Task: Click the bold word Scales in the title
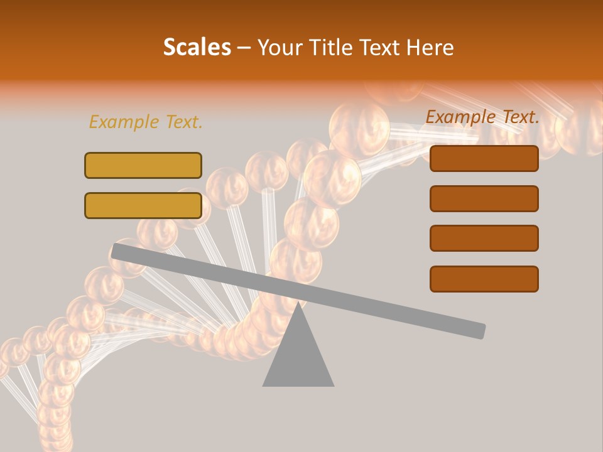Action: click(197, 48)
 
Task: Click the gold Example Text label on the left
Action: click(146, 122)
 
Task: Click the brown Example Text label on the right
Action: click(482, 117)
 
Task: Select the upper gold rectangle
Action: click(143, 165)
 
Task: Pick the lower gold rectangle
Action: click(143, 205)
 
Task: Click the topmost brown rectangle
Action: click(484, 158)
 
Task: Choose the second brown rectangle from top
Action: click(484, 198)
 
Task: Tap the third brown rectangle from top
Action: click(484, 239)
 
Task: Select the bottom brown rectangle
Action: click(484, 279)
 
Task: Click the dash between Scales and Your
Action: click(244, 48)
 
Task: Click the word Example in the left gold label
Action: click(124, 122)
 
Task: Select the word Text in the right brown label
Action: click(519, 117)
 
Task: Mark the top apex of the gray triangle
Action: click(298, 303)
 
